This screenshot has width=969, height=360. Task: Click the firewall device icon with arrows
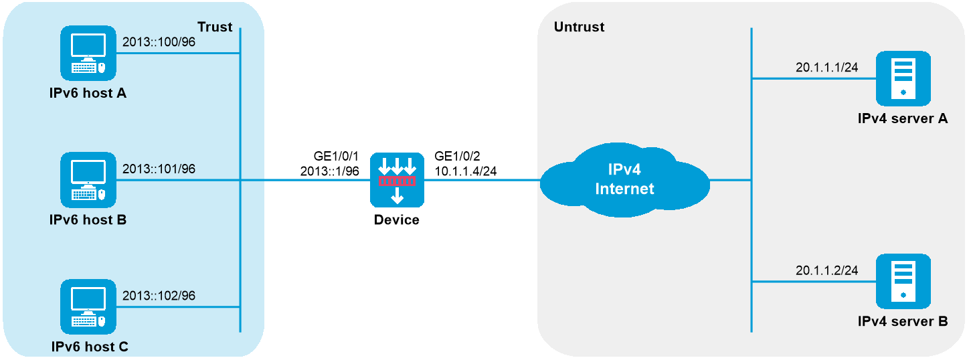click(397, 180)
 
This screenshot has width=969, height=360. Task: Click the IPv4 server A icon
click(903, 78)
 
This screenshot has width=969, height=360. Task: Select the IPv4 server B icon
click(903, 281)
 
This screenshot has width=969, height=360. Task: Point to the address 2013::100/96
click(159, 41)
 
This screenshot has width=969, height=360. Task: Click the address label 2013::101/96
click(159, 169)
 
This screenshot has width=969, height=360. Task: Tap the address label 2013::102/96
click(159, 295)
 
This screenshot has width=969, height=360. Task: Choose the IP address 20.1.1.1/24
click(826, 67)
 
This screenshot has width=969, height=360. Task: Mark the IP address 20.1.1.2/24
click(826, 270)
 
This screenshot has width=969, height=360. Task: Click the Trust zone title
click(215, 27)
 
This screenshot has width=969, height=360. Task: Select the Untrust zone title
click(579, 27)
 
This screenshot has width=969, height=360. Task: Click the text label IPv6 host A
click(88, 93)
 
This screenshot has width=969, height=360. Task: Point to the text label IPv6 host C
click(90, 347)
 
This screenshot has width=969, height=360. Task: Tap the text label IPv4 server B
click(903, 321)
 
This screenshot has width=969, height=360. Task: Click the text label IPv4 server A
click(903, 118)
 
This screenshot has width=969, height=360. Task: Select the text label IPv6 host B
click(88, 219)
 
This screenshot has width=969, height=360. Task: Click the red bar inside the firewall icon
click(397, 181)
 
